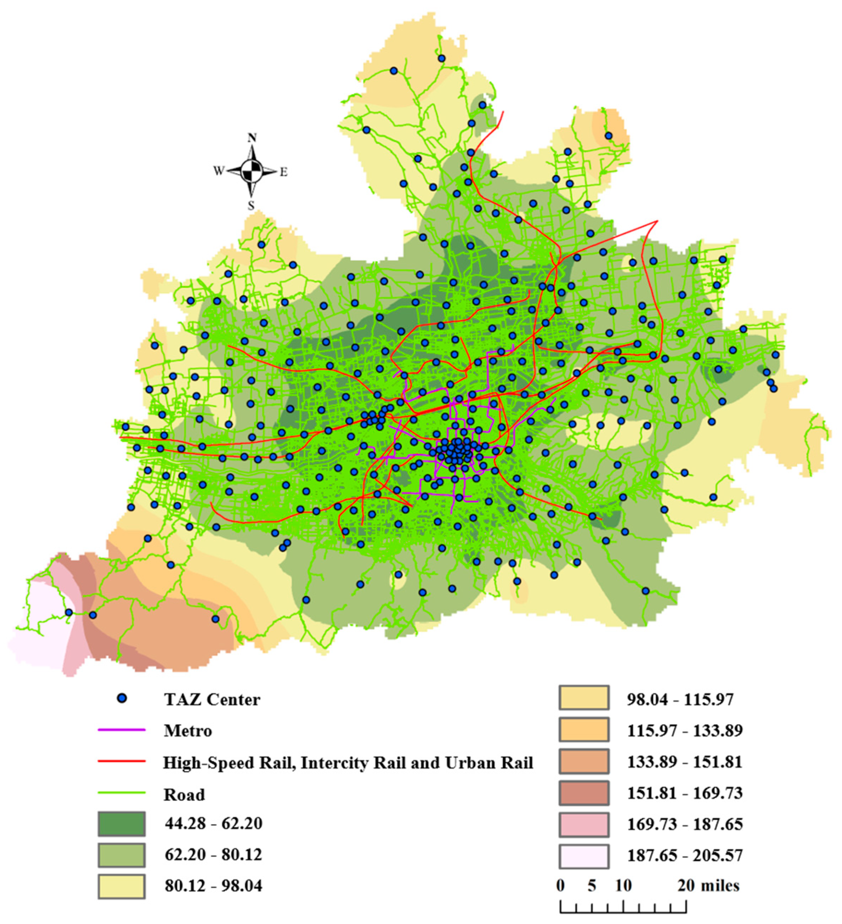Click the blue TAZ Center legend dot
(x=121, y=698)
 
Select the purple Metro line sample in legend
(x=121, y=730)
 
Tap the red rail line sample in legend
(x=121, y=761)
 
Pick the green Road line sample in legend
(x=121, y=792)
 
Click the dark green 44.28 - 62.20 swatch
(x=121, y=824)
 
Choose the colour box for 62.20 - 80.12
(x=121, y=855)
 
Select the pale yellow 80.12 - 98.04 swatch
(x=121, y=886)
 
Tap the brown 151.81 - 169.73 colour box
(x=583, y=792)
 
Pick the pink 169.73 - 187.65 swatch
(x=583, y=824)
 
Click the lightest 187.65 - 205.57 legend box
(x=583, y=855)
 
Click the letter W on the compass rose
(x=218, y=171)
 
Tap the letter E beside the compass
(x=284, y=172)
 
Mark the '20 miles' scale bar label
(x=708, y=885)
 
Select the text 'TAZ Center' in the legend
(x=212, y=700)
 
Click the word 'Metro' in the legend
(x=188, y=730)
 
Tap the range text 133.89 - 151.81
(x=684, y=762)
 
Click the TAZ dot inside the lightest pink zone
(x=69, y=612)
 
